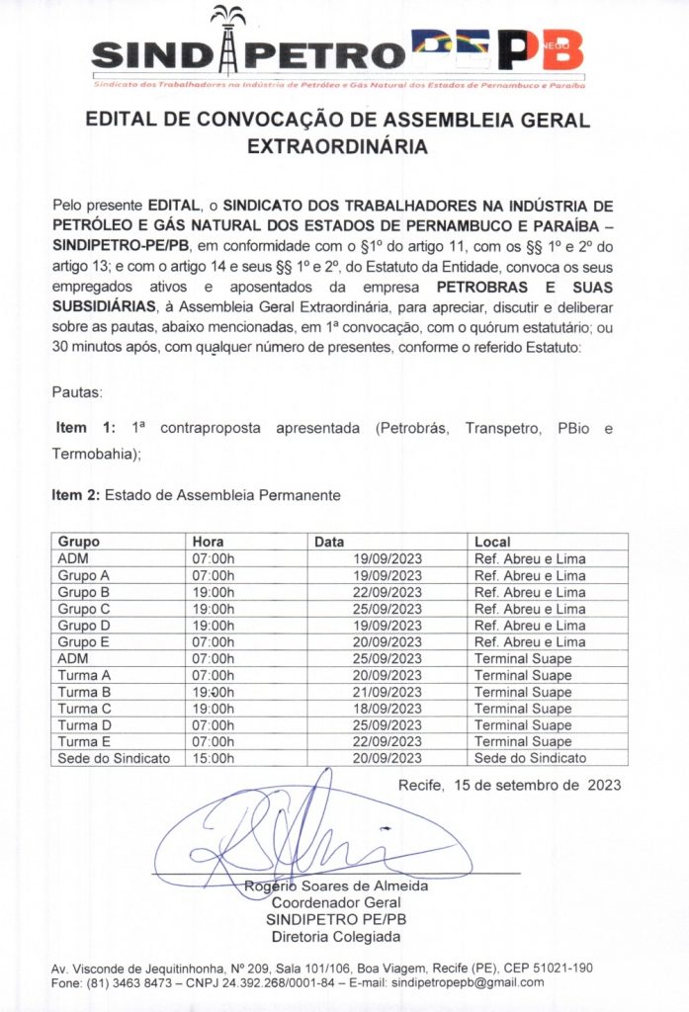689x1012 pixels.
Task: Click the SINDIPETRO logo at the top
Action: [x=336, y=49]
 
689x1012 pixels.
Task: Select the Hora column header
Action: [x=209, y=542]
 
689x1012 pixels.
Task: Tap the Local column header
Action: [x=492, y=542]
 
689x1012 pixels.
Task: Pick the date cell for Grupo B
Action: [x=388, y=592]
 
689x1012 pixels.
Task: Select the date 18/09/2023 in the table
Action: [x=388, y=709]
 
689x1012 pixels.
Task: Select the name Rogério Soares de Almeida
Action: [x=336, y=886]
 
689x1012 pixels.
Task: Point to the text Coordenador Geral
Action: [x=336, y=903]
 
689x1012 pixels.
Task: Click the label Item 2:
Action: [x=76, y=492]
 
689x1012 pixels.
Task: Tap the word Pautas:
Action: [x=77, y=392]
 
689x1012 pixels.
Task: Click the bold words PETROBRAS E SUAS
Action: [x=525, y=287]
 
